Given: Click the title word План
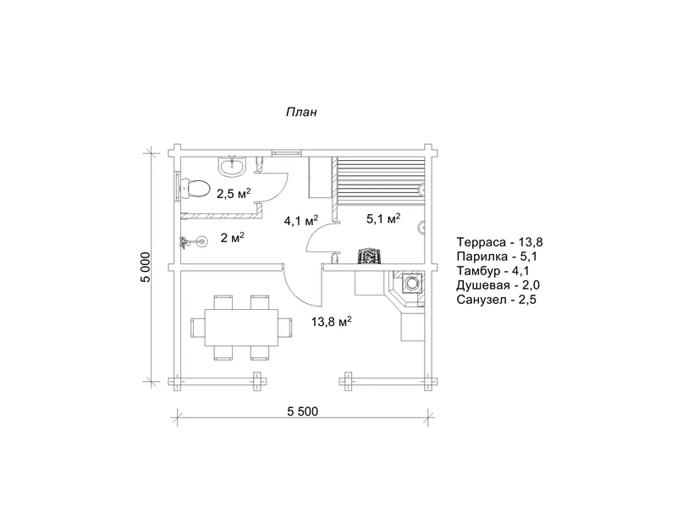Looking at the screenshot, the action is point(301,112).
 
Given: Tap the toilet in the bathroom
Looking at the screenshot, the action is point(195,188).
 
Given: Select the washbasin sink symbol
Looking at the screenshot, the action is point(233,166).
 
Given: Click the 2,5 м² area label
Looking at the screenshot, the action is point(234,194).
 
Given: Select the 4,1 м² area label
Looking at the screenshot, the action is point(301,221).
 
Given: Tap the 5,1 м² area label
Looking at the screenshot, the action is point(383,218).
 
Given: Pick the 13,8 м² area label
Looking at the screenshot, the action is point(331,322).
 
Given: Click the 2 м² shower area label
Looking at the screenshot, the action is point(232,238).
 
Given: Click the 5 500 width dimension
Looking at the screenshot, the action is point(303,411).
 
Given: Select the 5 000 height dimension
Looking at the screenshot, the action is point(146,267).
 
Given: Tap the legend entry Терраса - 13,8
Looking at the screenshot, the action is point(499,242).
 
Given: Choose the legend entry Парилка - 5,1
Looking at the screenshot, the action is point(497,257).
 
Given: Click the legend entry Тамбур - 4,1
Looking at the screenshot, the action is point(493,271).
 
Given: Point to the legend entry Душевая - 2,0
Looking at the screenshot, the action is point(498,285).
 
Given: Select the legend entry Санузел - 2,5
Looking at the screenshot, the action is point(497,300).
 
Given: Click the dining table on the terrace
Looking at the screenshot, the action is point(241,327).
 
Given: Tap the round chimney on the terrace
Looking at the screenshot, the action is point(411,284).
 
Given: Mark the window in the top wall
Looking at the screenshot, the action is point(287,152).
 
